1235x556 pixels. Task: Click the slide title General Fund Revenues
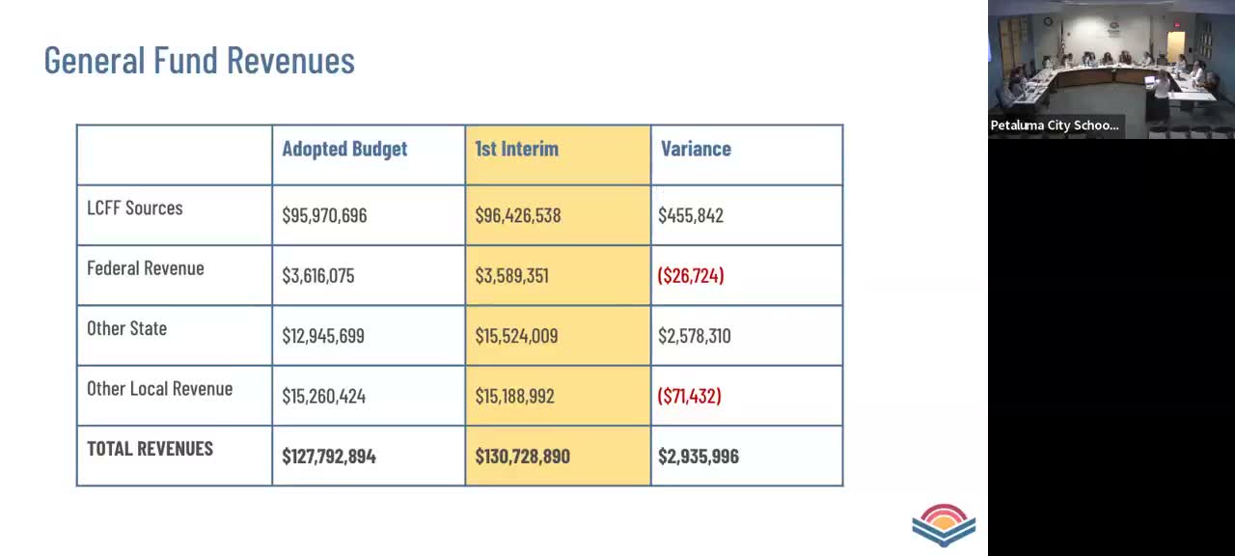[200, 60]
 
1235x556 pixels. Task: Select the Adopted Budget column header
[344, 149]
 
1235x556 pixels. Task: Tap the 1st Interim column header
[516, 149]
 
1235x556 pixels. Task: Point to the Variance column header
[696, 149]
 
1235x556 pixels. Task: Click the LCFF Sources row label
[135, 208]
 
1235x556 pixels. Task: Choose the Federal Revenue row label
[146, 268]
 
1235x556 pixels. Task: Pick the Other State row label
[126, 328]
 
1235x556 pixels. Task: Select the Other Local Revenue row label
[159, 388]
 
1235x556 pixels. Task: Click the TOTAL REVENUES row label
[150, 448]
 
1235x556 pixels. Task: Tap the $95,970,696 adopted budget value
[324, 215]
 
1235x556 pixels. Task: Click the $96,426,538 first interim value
[517, 215]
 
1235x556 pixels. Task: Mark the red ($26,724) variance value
[691, 275]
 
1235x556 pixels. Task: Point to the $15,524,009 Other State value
[516, 336]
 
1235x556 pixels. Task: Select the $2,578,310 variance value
[694, 336]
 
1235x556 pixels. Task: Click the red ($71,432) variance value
[689, 396]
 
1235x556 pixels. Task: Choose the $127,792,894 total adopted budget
[328, 456]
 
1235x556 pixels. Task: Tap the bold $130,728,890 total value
[522, 456]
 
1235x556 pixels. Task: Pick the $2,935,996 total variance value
[698, 456]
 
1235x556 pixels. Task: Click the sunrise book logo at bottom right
[944, 525]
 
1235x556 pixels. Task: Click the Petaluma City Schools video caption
[1055, 125]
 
